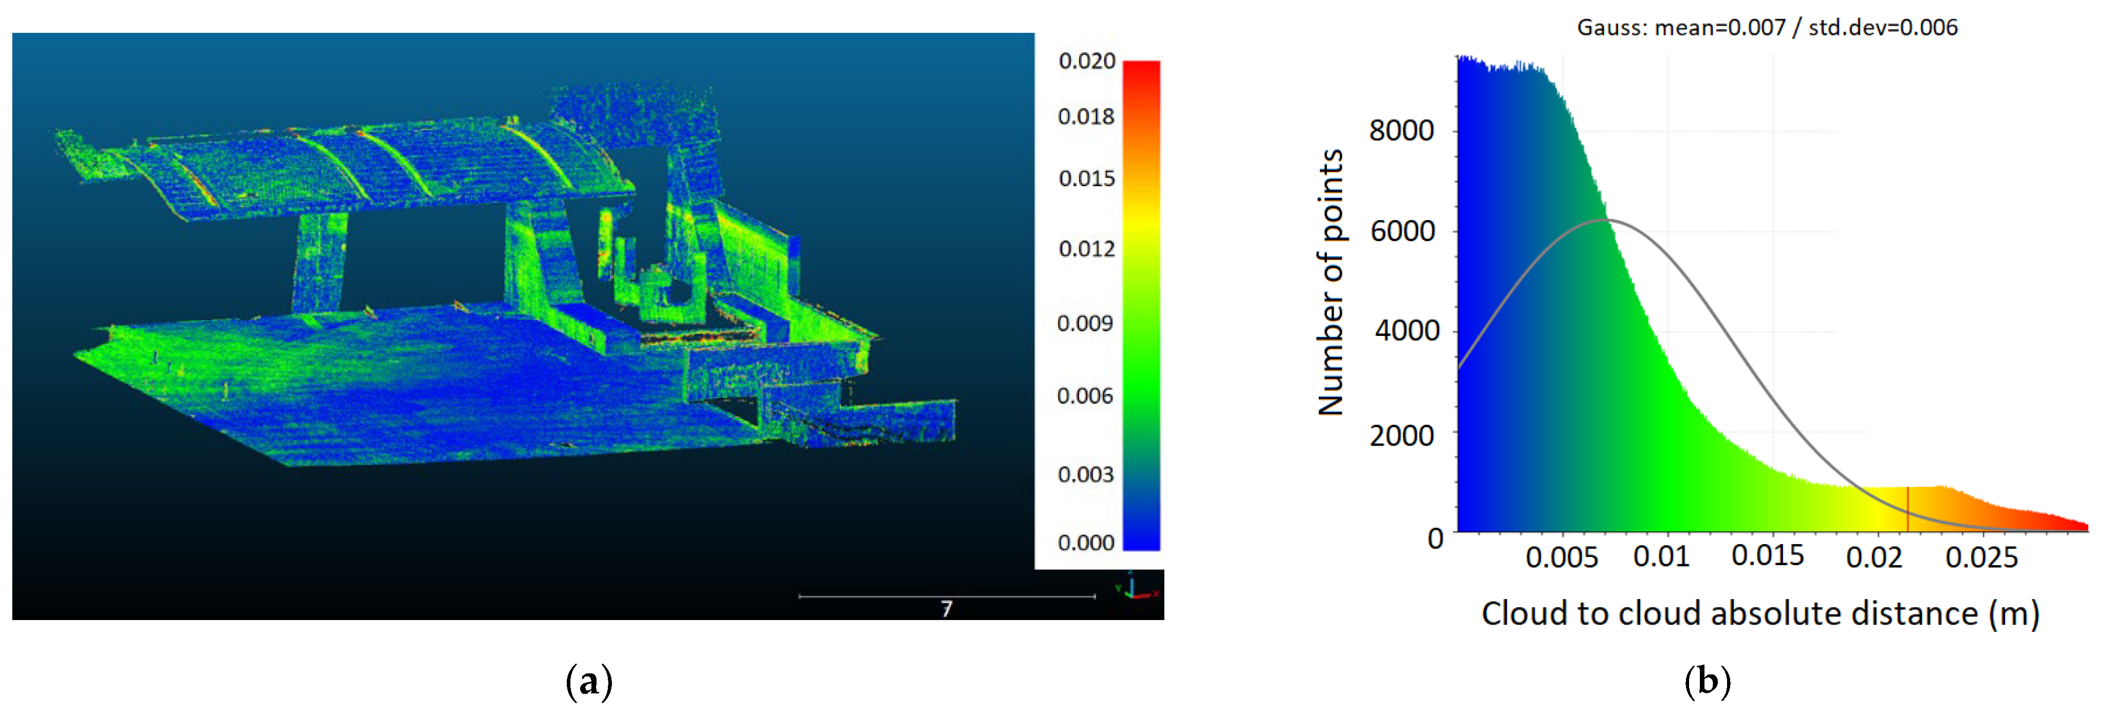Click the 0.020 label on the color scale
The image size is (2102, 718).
pos(1086,61)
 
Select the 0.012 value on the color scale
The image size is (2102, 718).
pos(1086,249)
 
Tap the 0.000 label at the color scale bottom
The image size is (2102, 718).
pos(1085,543)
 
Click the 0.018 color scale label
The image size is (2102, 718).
pos(1085,117)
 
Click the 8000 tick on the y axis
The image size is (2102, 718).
pos(1401,131)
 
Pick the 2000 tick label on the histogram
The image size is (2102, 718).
pos(1401,436)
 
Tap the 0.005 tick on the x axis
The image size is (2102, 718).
pos(1561,557)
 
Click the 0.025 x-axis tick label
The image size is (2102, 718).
pos(1981,557)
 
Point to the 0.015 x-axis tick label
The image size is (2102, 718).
pos(1768,555)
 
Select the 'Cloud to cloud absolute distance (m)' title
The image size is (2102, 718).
pos(1760,613)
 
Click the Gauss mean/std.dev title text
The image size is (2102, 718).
pos(1767,28)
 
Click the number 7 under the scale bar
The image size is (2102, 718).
pos(946,609)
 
